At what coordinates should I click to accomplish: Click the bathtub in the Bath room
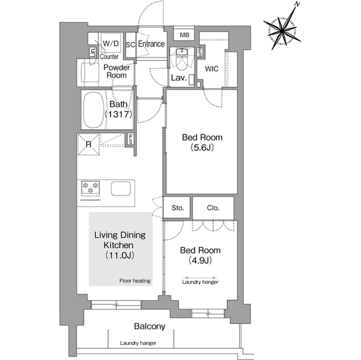(93, 110)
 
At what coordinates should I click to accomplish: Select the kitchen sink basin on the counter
(121, 189)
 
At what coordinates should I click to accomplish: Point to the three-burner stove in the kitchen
(90, 189)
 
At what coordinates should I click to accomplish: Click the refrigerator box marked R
(89, 144)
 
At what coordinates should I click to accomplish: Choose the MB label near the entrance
(184, 35)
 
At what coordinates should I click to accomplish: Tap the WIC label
(212, 69)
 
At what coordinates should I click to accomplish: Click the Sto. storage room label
(178, 208)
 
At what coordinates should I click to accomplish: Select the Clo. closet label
(213, 208)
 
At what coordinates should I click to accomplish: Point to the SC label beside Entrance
(130, 45)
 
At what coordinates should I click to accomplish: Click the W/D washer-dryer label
(111, 43)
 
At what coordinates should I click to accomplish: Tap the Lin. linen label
(93, 53)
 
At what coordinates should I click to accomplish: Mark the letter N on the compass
(297, 5)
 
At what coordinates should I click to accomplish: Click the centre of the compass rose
(282, 30)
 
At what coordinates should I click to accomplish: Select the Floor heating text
(135, 281)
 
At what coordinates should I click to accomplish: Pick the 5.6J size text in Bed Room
(202, 148)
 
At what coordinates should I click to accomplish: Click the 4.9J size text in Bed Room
(200, 260)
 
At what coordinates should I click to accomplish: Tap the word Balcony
(149, 326)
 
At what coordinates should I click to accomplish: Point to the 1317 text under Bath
(118, 114)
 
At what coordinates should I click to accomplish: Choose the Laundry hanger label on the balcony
(138, 344)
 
